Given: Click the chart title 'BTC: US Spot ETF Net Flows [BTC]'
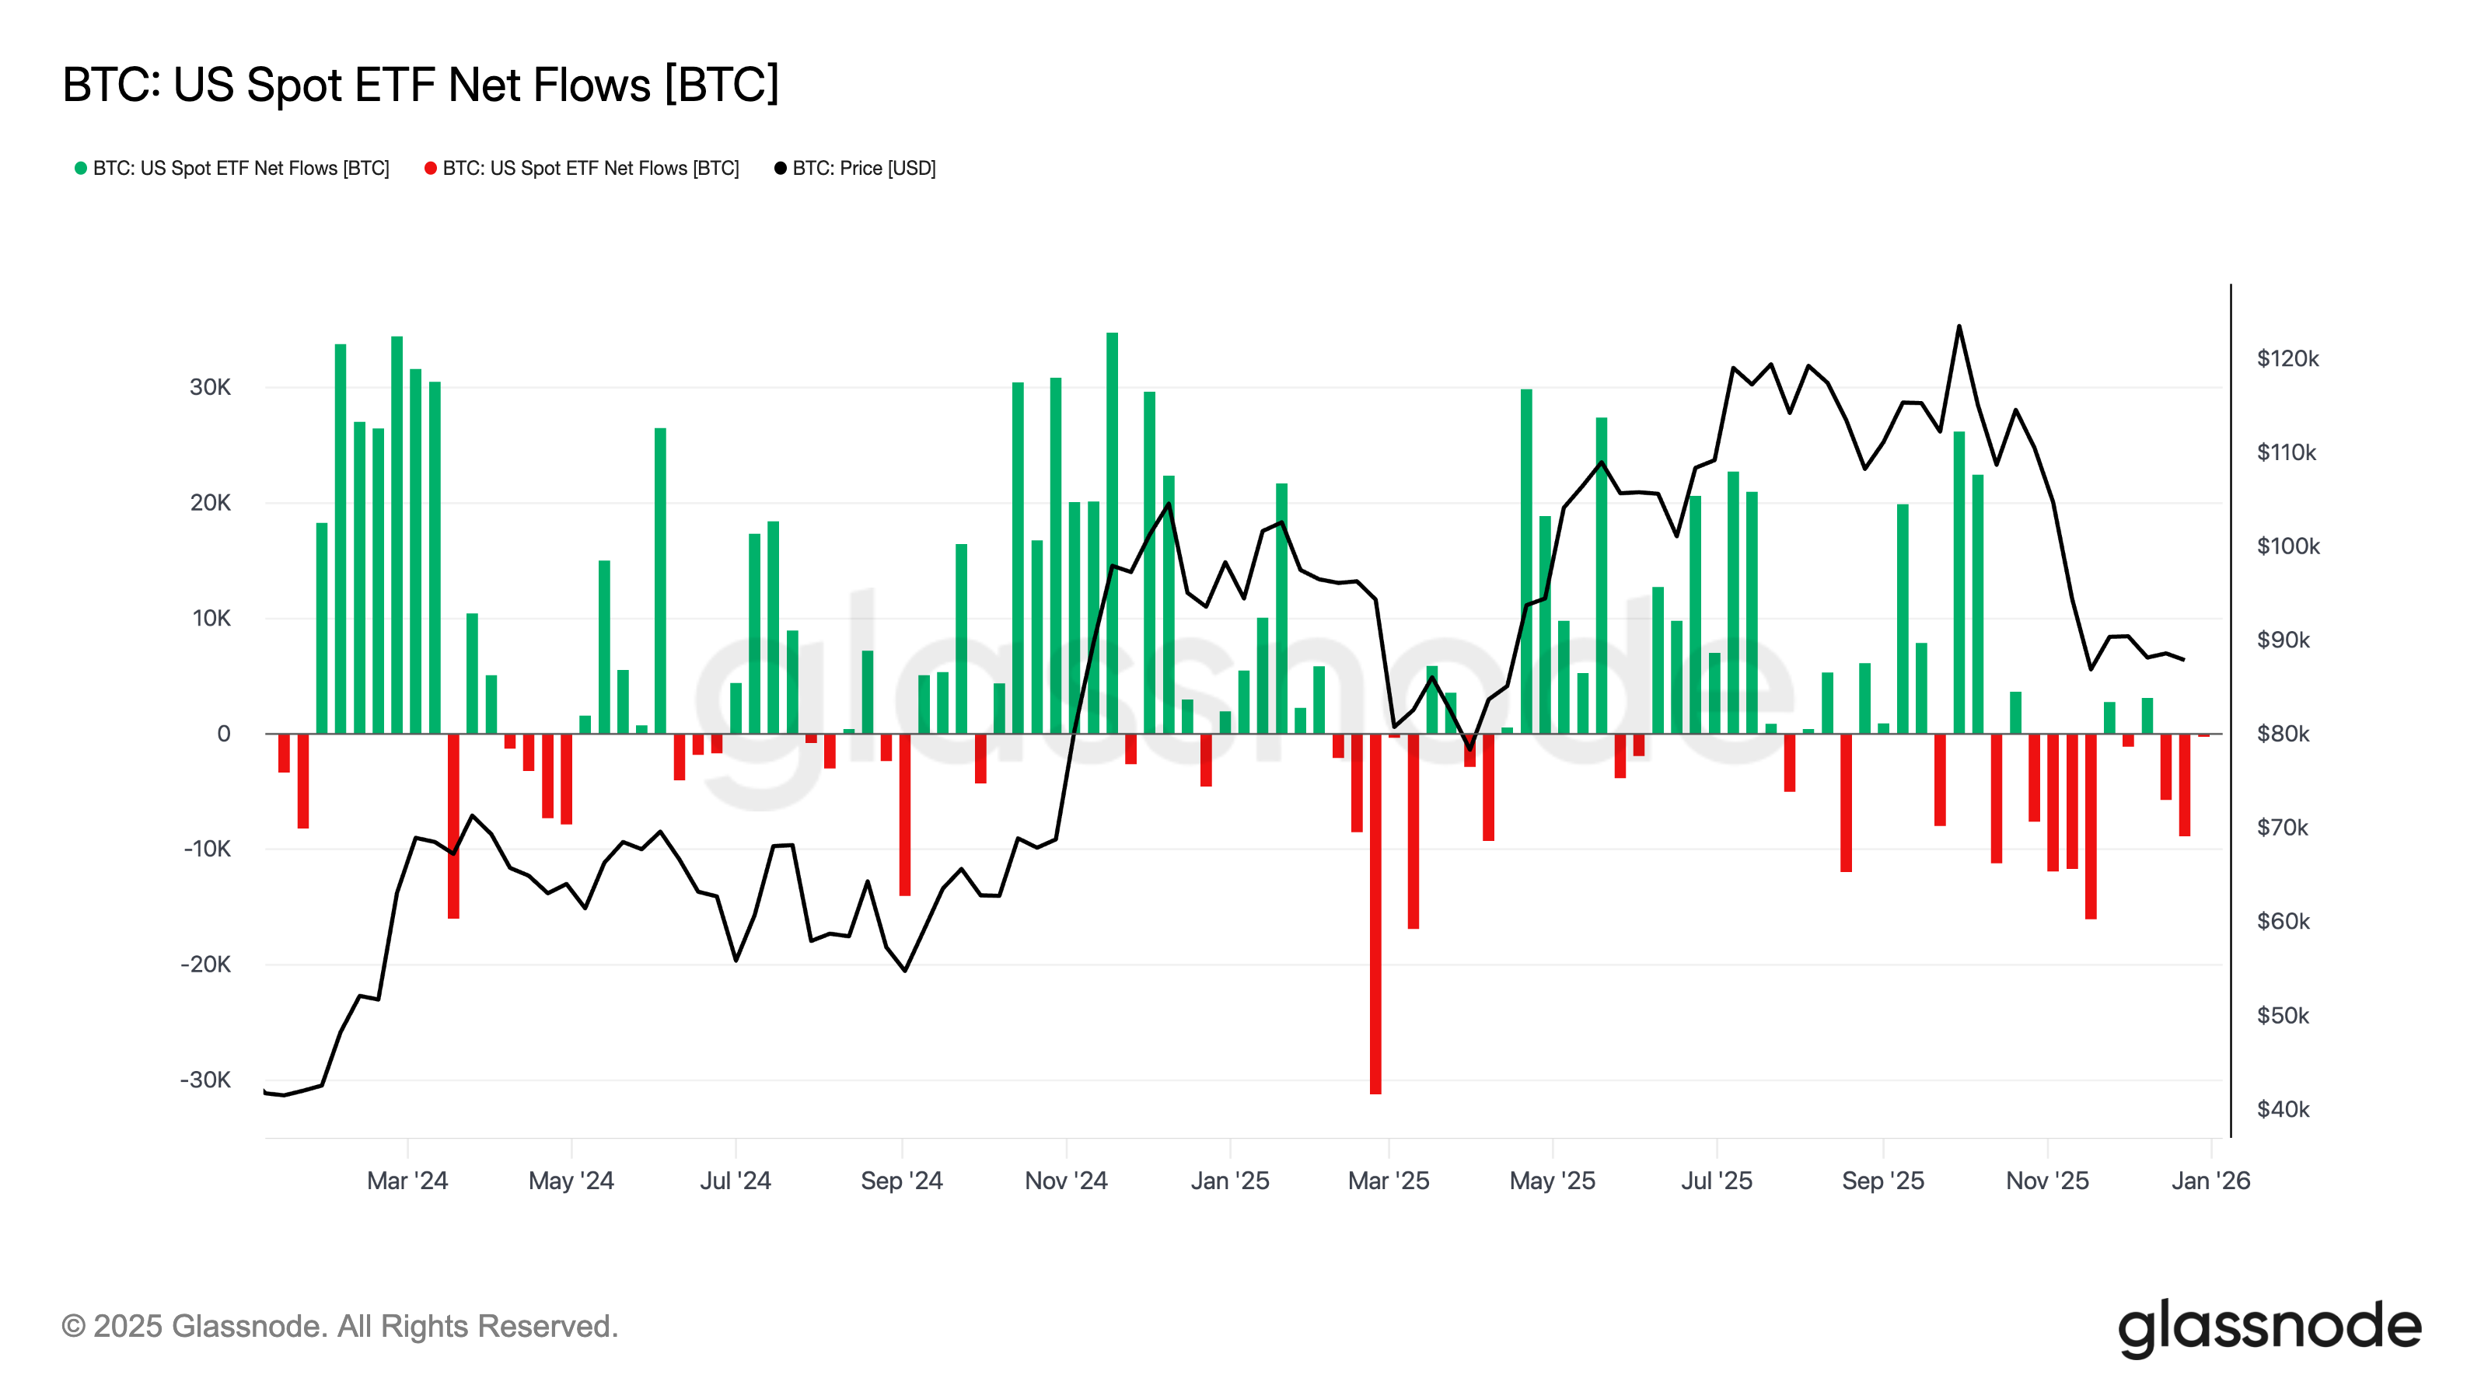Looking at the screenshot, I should (x=420, y=85).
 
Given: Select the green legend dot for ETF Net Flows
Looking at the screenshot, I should (x=81, y=168).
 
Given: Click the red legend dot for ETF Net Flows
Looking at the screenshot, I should (x=431, y=168).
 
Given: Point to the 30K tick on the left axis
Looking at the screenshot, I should (x=210, y=387).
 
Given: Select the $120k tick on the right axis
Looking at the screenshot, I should (x=2287, y=359).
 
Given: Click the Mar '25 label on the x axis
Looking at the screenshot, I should (x=1388, y=1181).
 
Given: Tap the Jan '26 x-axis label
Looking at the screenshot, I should (x=2210, y=1181).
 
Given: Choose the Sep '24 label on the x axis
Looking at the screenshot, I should (x=901, y=1181).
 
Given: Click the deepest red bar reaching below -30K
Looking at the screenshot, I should (x=1375, y=917).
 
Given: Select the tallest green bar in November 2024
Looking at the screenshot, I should (x=1112, y=531).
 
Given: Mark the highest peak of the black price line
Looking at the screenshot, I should (x=1959, y=326).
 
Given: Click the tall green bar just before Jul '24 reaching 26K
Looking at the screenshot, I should (x=661, y=579).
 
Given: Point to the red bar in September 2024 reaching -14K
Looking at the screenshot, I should (x=905, y=816).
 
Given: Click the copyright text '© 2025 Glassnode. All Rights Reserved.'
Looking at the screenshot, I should (x=339, y=1327).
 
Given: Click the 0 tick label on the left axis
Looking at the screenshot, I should (x=223, y=734).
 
